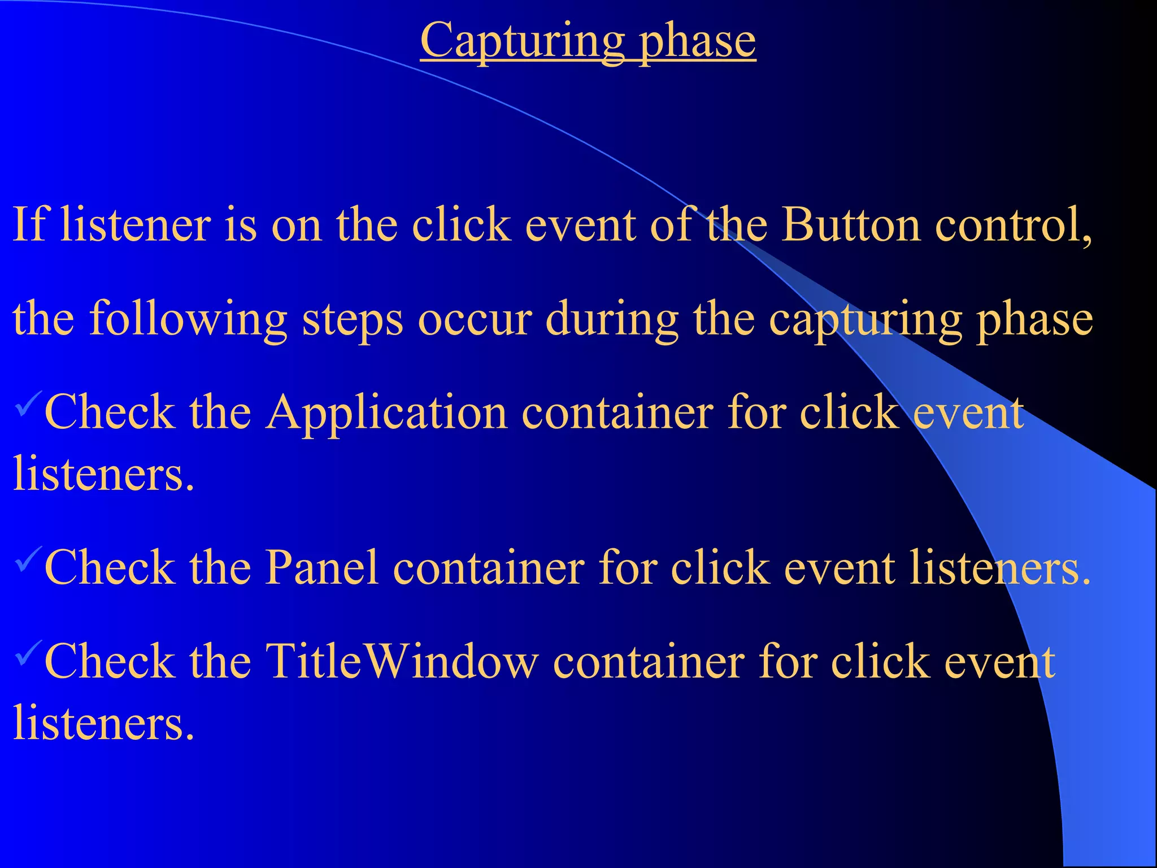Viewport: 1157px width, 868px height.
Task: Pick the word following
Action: [x=189, y=319]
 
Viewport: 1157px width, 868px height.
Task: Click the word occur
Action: [x=475, y=319]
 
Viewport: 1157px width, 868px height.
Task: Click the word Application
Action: [x=386, y=413]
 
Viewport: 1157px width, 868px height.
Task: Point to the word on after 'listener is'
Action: [x=297, y=225]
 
